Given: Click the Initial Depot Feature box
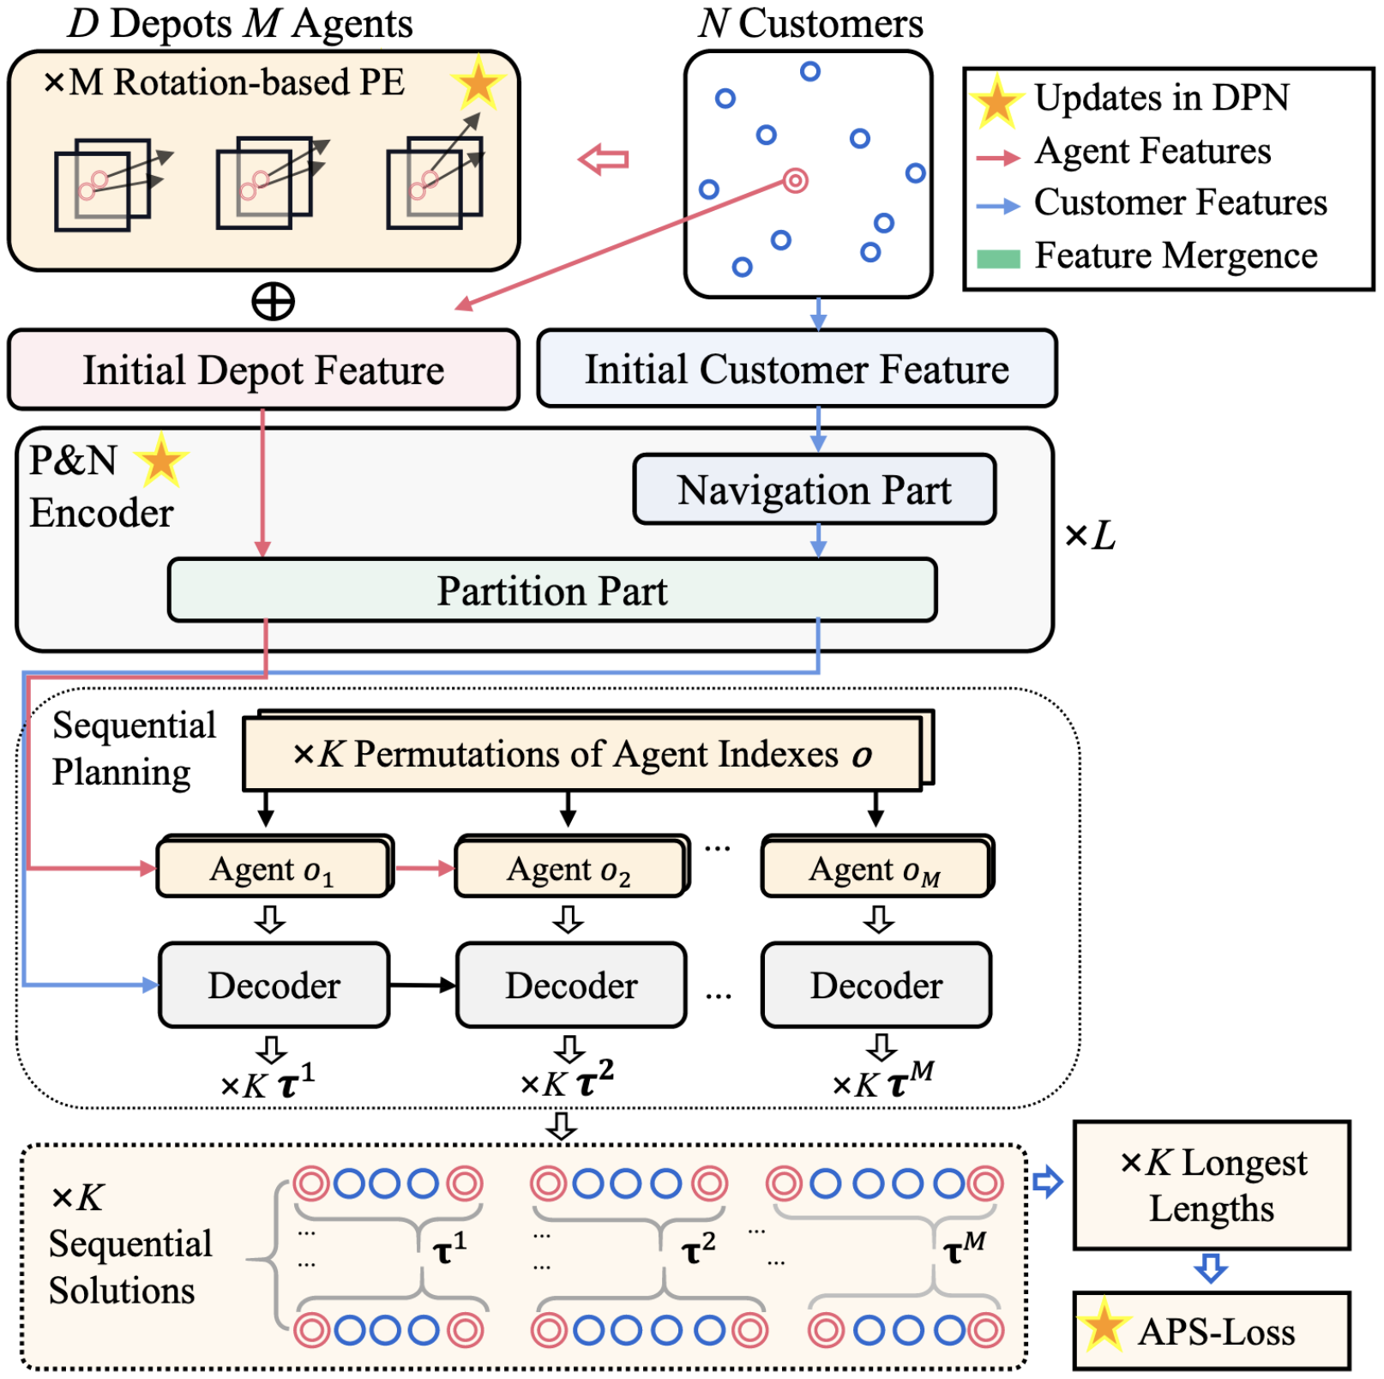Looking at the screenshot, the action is click(x=263, y=370).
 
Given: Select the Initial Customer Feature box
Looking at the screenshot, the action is click(x=797, y=369).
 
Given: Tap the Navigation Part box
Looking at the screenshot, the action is click(x=814, y=490).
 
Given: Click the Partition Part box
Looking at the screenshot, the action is click(x=552, y=590).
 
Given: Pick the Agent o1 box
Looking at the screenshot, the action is click(x=273, y=868).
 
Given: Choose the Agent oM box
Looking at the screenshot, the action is click(x=876, y=868).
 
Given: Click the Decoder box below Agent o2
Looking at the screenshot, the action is click(x=571, y=985).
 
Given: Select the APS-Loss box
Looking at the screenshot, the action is click(x=1212, y=1331).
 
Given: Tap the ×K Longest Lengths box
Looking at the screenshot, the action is click(x=1212, y=1185).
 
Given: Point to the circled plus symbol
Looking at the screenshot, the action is click(x=273, y=302).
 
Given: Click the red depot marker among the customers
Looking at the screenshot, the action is click(x=795, y=181).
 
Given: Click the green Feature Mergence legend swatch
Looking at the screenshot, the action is click(x=998, y=259).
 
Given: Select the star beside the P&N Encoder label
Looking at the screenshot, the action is click(x=161, y=461).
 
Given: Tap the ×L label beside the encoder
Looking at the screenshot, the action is click(x=1090, y=536).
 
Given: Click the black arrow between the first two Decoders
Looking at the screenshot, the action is click(x=423, y=985).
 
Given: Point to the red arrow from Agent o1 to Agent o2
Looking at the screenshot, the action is click(x=424, y=868).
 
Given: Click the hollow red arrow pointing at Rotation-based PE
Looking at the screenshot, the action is click(x=604, y=160).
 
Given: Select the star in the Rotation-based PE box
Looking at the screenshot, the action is click(x=478, y=84).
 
